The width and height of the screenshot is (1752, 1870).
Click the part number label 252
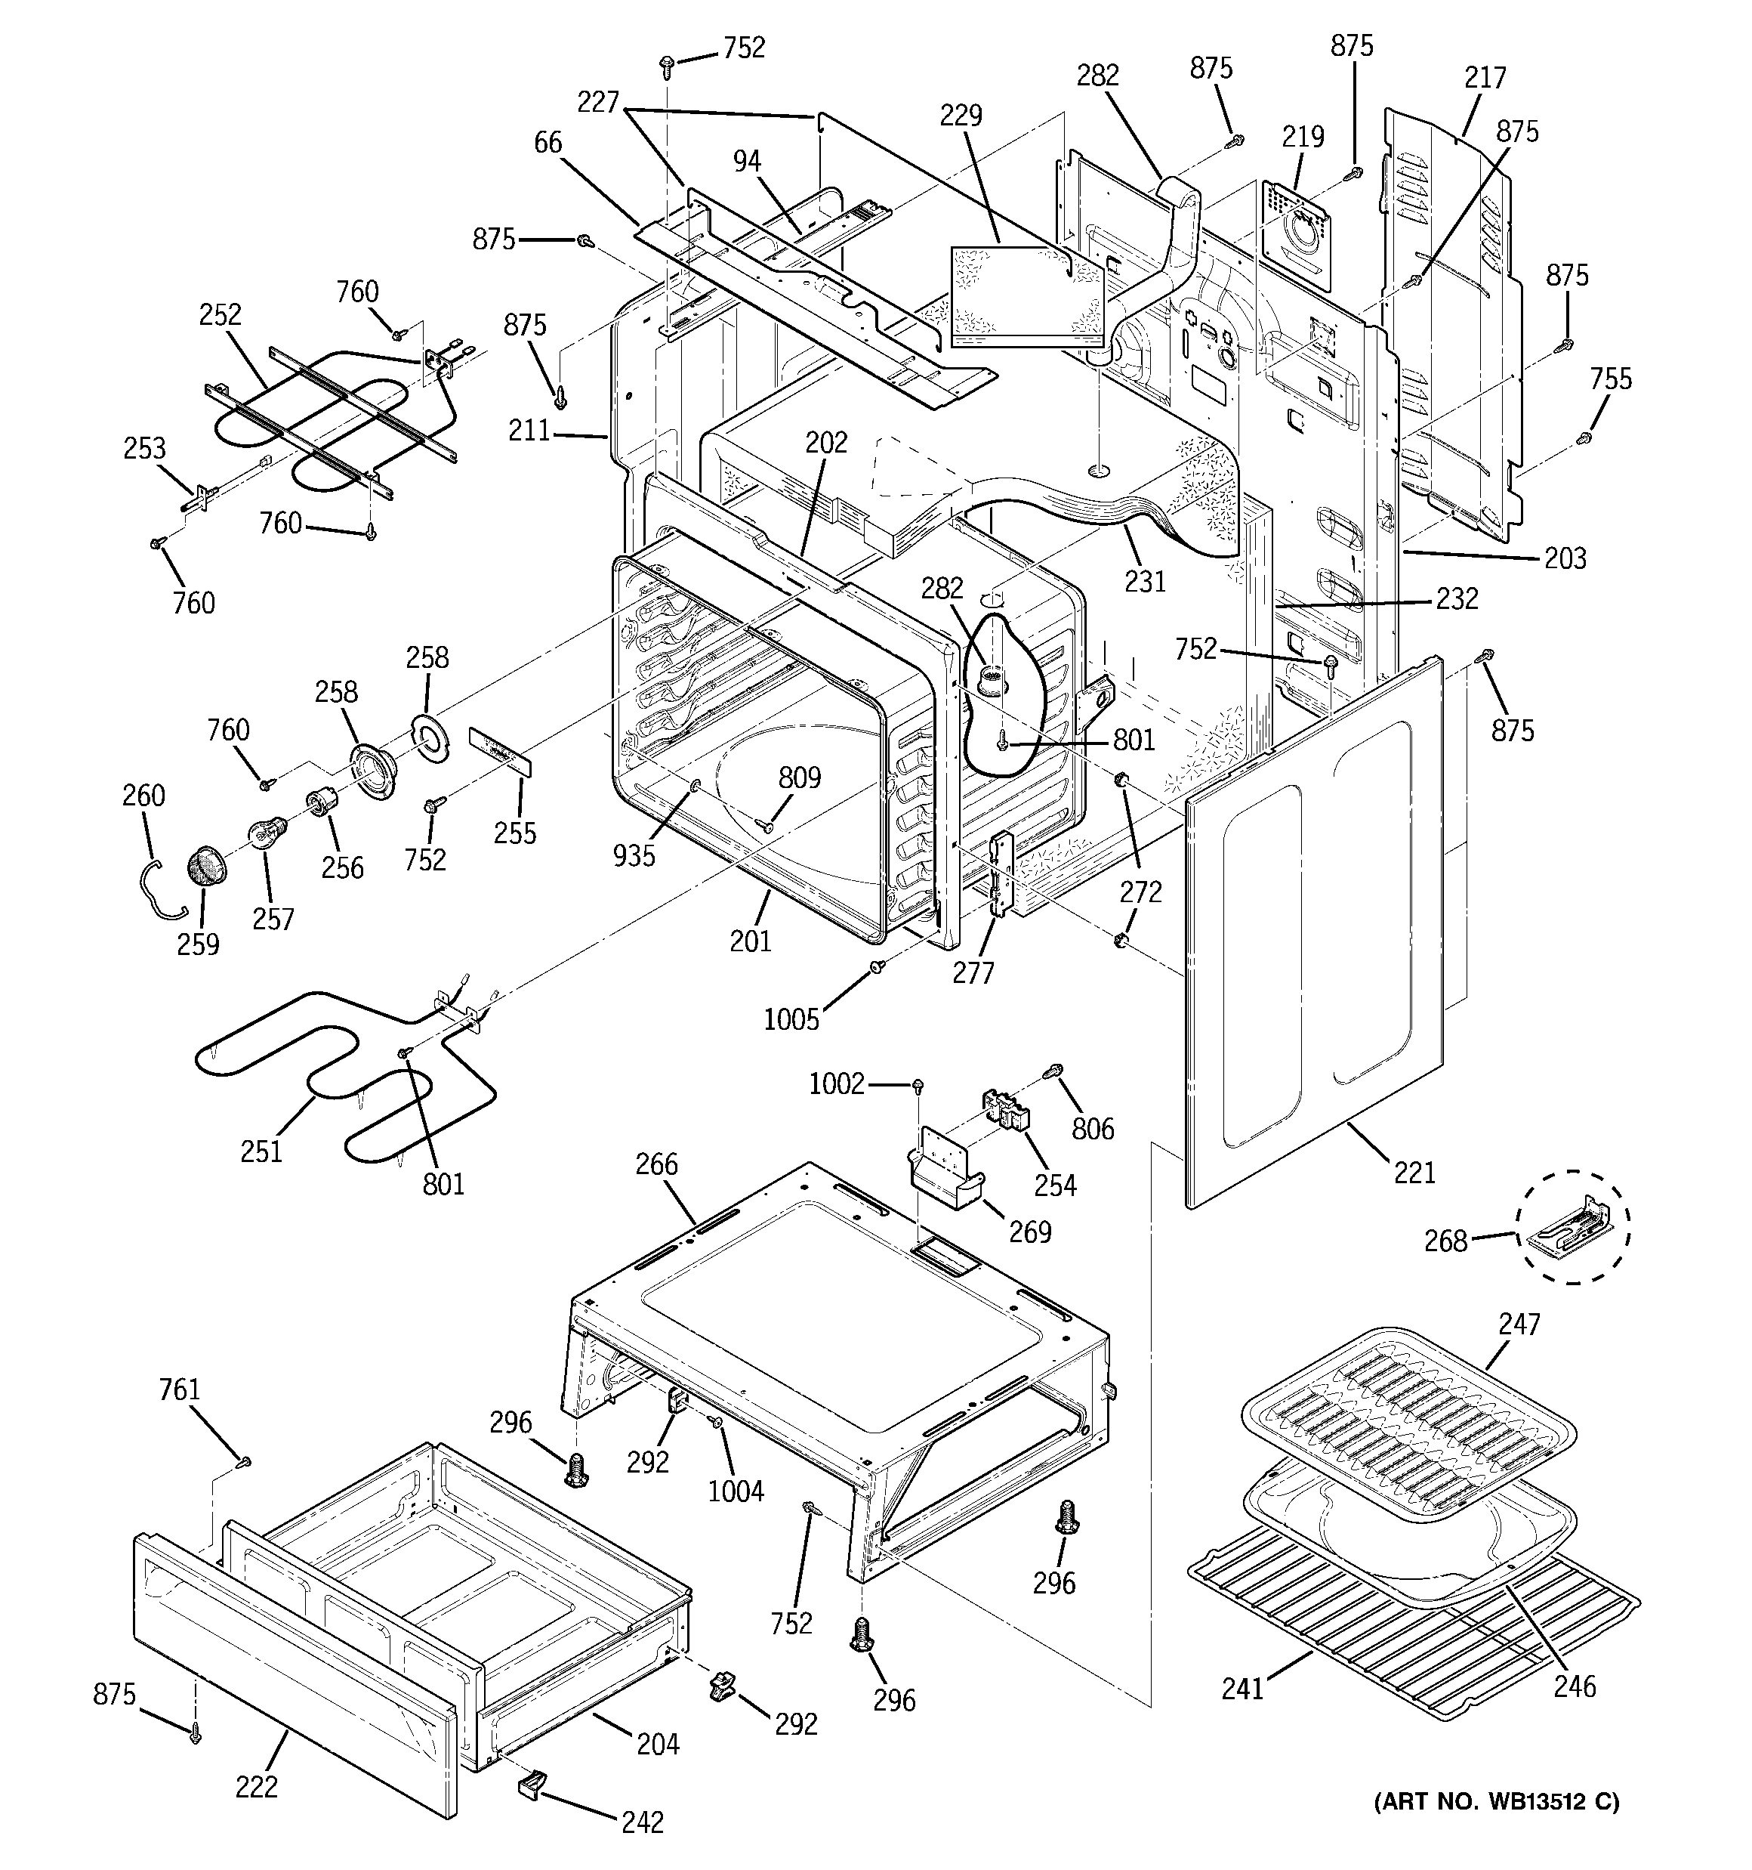click(x=220, y=314)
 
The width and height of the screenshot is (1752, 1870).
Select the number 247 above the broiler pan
click(x=1519, y=1324)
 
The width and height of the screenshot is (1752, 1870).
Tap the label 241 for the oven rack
click(x=1242, y=1689)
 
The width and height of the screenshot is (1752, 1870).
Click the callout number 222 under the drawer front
click(x=257, y=1786)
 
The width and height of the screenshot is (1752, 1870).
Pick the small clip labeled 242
click(x=532, y=1782)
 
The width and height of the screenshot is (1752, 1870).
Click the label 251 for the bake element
click(x=261, y=1151)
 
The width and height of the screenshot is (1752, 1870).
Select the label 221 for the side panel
click(x=1414, y=1172)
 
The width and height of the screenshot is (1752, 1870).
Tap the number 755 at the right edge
click(x=1610, y=379)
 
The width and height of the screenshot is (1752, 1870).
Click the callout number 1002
click(x=835, y=1083)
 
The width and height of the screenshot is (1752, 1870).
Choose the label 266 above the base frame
click(x=655, y=1164)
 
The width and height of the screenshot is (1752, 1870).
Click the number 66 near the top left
click(x=547, y=143)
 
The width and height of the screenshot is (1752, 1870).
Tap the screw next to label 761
click(x=245, y=1460)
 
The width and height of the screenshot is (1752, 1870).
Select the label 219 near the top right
click(x=1303, y=137)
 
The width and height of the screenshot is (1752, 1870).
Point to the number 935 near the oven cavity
click(x=633, y=855)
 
